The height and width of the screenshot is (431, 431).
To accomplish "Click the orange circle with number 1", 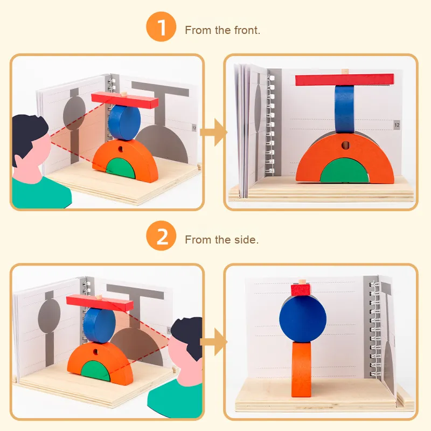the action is click(x=161, y=26).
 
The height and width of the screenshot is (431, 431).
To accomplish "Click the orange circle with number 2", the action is click(x=161, y=235).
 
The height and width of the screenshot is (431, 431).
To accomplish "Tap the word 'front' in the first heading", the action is click(x=247, y=30).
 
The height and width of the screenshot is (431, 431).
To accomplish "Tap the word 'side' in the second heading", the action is click(x=246, y=240).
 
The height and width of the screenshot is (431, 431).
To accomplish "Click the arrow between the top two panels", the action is click(x=213, y=132).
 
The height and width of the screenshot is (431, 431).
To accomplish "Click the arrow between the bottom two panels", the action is click(x=213, y=342).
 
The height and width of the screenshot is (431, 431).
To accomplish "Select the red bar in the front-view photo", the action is click(x=345, y=80).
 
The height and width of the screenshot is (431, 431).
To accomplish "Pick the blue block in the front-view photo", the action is click(x=344, y=109).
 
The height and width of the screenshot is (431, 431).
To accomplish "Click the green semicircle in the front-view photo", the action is click(x=344, y=171).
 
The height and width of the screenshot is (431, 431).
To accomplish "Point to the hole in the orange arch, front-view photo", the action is click(x=345, y=145).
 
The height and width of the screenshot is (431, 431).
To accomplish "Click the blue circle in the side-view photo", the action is click(x=303, y=319).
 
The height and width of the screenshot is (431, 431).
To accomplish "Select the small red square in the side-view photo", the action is click(x=301, y=290).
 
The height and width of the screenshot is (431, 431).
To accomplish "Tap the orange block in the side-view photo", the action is click(x=302, y=370).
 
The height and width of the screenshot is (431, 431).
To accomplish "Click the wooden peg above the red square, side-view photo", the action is click(x=302, y=282).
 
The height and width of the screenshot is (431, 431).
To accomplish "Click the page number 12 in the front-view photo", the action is click(x=397, y=125).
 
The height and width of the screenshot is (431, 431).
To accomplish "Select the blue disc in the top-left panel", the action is click(x=124, y=123).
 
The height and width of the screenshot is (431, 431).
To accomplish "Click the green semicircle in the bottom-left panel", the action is click(x=96, y=371).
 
